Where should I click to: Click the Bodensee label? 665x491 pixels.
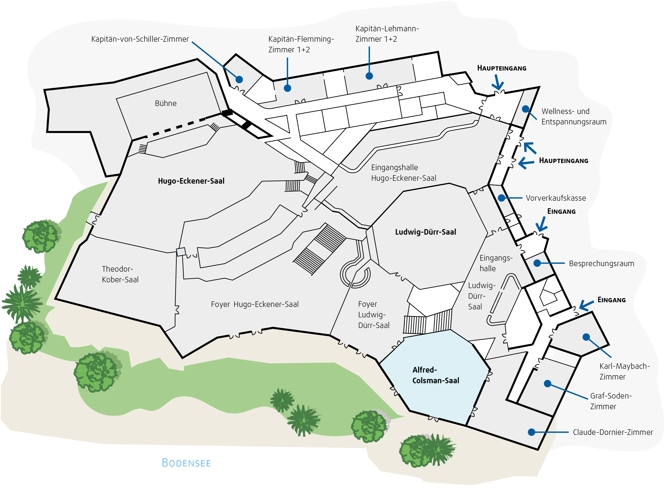coord(186,463)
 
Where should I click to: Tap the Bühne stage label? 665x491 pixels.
coord(166,103)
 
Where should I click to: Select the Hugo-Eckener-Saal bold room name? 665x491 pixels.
coord(191,181)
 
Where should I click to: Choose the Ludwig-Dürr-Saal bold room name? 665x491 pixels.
coord(425,232)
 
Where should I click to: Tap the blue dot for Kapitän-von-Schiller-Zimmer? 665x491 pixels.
coord(239,79)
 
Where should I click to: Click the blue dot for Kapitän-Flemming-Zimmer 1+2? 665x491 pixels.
coord(287,88)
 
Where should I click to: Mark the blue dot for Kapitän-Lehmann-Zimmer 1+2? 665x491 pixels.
coord(369,76)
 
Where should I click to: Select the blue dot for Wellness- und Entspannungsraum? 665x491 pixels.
coord(525,109)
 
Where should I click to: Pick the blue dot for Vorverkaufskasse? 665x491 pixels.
coord(501,198)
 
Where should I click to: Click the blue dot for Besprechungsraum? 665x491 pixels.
coord(537,263)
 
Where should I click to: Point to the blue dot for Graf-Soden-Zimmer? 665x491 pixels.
coord(547,384)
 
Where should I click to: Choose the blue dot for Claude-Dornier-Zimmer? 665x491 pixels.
coord(532,432)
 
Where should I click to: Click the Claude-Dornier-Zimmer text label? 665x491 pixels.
coord(613,432)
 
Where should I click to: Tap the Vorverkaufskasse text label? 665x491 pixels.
coord(556,198)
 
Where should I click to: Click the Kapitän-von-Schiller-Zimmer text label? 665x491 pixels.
coord(140,39)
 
